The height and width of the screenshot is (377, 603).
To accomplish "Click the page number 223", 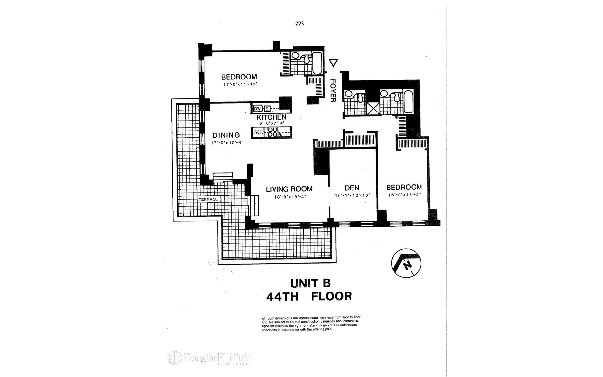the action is (299, 24).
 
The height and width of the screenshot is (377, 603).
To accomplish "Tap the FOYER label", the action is (333, 90).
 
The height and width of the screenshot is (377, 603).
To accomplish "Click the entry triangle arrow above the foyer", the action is (333, 63).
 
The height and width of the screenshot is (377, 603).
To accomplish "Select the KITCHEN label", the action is (271, 117).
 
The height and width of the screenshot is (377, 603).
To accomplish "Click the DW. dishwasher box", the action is (258, 109).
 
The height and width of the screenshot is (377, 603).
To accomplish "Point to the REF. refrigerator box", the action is (258, 132).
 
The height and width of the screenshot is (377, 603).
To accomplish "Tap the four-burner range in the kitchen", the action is (272, 132).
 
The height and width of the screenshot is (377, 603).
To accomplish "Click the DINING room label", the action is (226, 135).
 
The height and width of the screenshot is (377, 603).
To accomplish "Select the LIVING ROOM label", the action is (289, 189).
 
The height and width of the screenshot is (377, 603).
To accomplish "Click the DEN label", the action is (352, 188).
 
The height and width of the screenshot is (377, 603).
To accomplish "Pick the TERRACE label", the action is (208, 199).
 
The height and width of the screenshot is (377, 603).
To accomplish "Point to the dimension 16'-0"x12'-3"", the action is (404, 194).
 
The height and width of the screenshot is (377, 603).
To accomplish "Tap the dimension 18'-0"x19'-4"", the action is (290, 197).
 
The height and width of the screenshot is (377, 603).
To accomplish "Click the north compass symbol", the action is (406, 263).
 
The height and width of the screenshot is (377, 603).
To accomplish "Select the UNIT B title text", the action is (310, 283).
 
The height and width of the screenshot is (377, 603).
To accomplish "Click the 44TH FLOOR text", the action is (309, 296).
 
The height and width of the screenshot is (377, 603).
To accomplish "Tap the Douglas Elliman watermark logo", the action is (209, 358).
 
